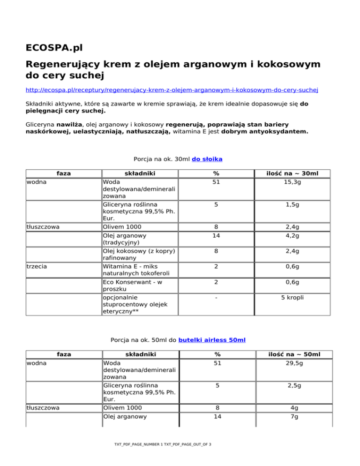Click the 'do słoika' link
tap(207, 159)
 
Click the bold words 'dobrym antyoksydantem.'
tap(272, 132)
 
